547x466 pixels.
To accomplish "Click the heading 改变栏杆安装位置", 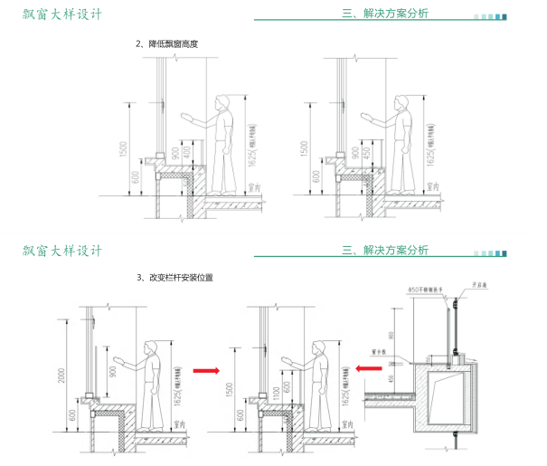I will point(175,278).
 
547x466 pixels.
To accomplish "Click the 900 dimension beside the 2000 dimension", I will point(111,366).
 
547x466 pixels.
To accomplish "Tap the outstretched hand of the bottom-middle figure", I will point(288,358).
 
